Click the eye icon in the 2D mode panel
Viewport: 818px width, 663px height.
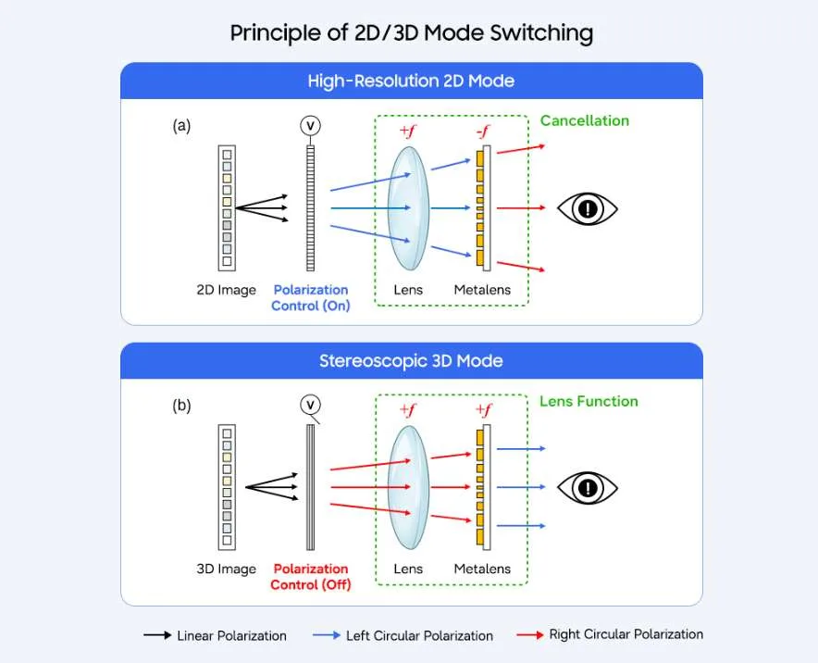tap(588, 209)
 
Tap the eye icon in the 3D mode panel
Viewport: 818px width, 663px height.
tap(588, 488)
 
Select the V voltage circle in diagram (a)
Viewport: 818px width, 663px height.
tap(310, 125)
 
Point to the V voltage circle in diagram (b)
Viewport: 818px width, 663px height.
tap(310, 405)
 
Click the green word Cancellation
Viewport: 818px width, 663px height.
tap(584, 120)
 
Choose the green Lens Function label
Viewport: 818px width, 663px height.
tap(589, 401)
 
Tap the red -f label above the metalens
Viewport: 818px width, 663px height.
tap(484, 131)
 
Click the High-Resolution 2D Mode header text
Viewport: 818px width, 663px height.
tap(411, 81)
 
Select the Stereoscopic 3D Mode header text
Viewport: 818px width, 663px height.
tap(411, 361)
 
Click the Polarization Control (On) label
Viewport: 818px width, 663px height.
tap(310, 297)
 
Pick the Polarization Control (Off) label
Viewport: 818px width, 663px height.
tap(310, 576)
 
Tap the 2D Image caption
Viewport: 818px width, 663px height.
tap(227, 290)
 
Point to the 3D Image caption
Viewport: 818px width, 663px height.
tap(227, 569)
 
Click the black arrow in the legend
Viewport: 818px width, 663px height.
tap(157, 635)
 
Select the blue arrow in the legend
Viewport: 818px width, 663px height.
tap(327, 635)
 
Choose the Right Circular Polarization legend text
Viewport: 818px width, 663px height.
tap(626, 634)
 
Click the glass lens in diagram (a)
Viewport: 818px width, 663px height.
tap(409, 207)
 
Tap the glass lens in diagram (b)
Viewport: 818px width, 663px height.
tap(409, 487)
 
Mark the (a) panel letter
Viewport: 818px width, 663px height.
tap(181, 126)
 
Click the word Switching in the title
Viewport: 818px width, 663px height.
tap(541, 33)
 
